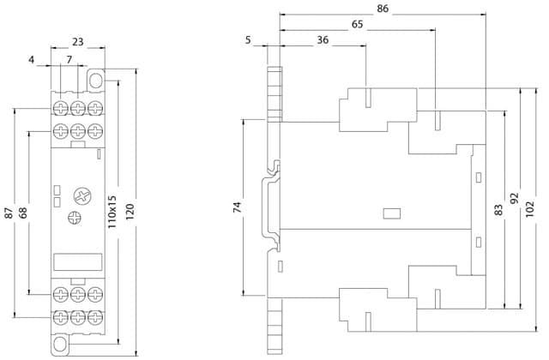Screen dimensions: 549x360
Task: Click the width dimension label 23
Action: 78,42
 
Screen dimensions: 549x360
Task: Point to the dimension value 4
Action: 32,60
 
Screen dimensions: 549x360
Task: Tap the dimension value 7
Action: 69,59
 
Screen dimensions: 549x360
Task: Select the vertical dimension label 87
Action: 9,213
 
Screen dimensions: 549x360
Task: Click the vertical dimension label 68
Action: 23,213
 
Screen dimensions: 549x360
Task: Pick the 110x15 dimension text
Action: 112,212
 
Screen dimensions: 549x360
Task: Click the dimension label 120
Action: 130,212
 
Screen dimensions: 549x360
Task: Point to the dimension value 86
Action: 383,9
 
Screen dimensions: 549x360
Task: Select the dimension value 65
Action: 357,25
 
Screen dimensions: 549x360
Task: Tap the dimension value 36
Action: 323,40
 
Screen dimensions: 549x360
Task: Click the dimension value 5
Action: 248,40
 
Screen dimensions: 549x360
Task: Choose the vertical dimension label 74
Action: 238,207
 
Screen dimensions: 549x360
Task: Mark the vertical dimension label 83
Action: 498,209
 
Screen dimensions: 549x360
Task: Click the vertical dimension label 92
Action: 514,199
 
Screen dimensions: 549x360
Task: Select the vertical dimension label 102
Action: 530,209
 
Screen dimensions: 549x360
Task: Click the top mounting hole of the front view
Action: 95,81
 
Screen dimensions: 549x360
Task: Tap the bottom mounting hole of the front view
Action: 60,343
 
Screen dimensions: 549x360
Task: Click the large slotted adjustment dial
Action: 82,196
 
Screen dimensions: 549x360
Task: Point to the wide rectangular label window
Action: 78,261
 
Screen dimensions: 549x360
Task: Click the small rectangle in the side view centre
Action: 392,213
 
